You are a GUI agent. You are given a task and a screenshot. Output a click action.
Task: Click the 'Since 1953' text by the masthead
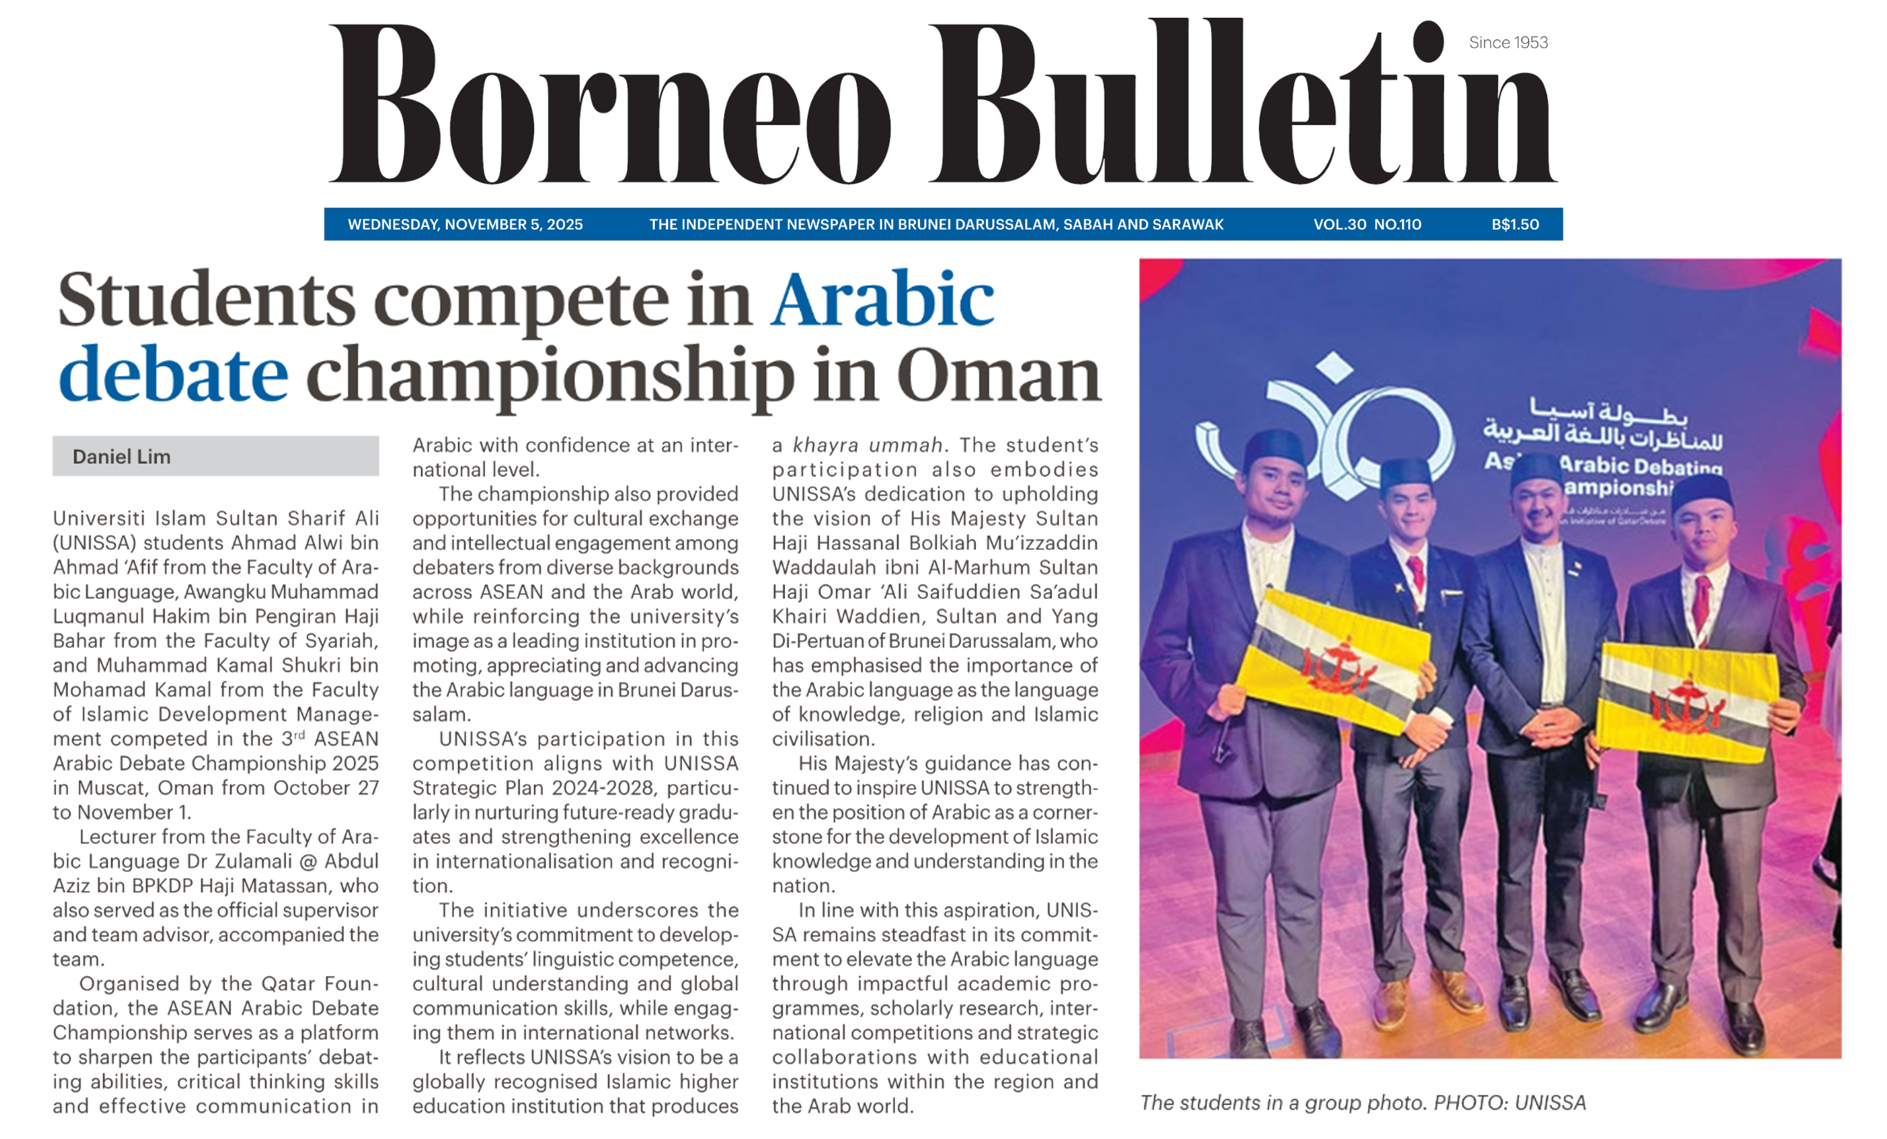tap(1508, 43)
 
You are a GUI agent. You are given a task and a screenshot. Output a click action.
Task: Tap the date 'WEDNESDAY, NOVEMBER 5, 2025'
tap(465, 224)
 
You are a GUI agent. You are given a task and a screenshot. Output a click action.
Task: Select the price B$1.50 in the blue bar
tap(1515, 224)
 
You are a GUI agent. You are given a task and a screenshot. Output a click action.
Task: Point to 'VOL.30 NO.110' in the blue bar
tap(1367, 224)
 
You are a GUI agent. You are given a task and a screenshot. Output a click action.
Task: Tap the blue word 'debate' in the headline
tap(173, 374)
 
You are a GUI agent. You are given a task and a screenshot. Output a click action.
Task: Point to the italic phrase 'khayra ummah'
tap(868, 445)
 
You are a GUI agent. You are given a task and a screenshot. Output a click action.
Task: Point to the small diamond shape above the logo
tap(1335, 367)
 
